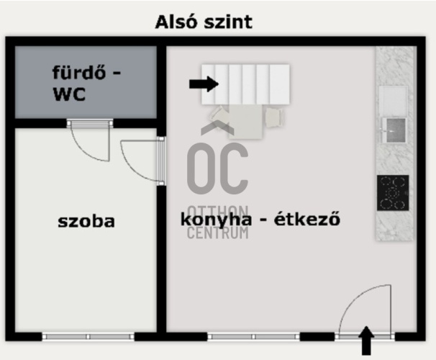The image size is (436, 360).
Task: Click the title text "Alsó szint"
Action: click(204, 22)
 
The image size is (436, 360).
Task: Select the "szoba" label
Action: click(86, 220)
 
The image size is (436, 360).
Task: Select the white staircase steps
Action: click(245, 84)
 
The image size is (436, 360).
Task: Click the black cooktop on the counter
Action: click(393, 192)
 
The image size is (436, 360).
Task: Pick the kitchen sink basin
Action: click(394, 130)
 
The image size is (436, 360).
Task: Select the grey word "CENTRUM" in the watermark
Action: click(217, 233)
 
